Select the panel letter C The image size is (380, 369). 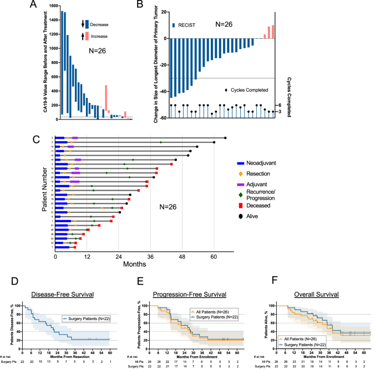pos(36,138)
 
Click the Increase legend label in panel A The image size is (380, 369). pos(100,36)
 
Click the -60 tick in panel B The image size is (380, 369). pos(162,118)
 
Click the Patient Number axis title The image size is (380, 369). pos(45,194)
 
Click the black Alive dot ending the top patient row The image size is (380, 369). pos(225,138)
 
